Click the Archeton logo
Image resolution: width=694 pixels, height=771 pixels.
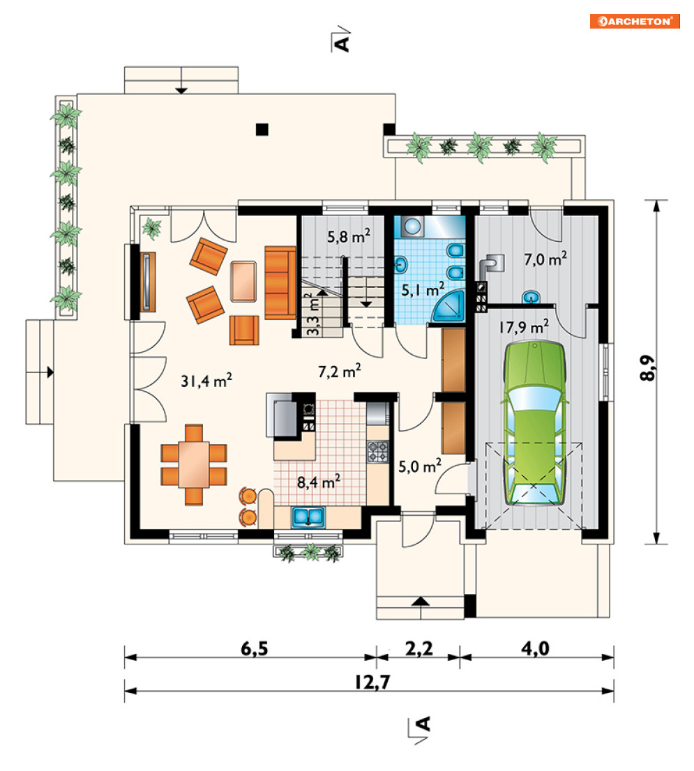click(x=635, y=21)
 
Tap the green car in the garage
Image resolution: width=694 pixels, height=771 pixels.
click(x=535, y=423)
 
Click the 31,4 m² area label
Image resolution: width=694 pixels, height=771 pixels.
click(x=206, y=380)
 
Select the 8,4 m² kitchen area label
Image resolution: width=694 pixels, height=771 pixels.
click(x=319, y=482)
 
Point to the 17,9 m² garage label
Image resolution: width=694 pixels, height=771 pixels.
click(x=524, y=326)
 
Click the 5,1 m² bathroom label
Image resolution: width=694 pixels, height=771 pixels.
click(x=423, y=289)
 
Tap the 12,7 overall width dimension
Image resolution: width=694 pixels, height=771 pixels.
click(x=372, y=682)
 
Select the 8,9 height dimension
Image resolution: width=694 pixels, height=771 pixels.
click(x=648, y=368)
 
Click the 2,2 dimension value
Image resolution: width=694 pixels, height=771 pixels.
click(x=419, y=648)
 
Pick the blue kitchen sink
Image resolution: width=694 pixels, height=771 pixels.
click(x=308, y=517)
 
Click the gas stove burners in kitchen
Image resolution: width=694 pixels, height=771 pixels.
click(x=378, y=452)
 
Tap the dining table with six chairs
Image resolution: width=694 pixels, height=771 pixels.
click(x=194, y=465)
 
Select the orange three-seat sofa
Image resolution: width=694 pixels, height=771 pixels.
click(x=280, y=283)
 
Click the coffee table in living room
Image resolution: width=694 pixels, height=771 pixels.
click(x=243, y=281)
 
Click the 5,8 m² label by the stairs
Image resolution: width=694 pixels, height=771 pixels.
click(x=349, y=236)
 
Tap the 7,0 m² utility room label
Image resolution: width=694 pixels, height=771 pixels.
click(x=545, y=259)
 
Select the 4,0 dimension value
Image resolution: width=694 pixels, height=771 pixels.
click(x=535, y=648)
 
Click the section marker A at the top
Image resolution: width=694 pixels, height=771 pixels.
click(x=341, y=41)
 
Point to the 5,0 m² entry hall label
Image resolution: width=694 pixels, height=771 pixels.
click(x=420, y=466)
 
